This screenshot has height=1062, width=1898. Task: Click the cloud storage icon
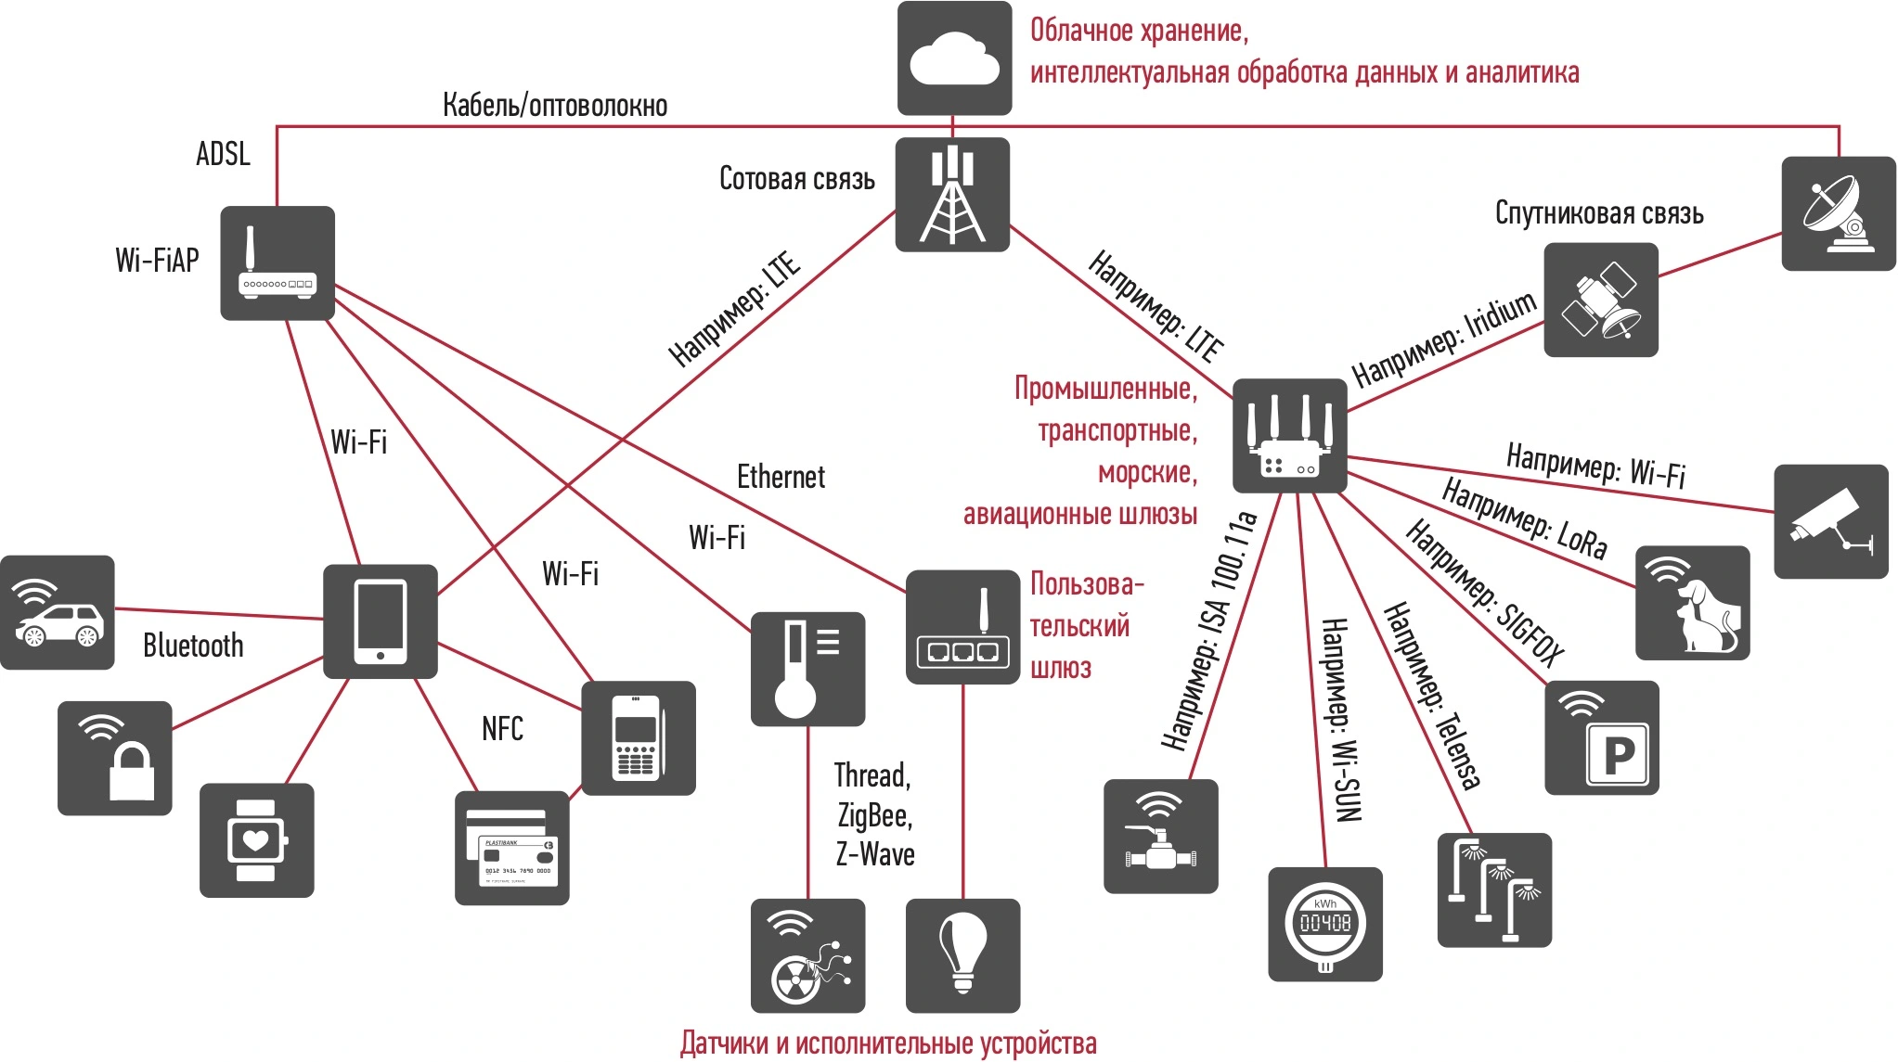[954, 58]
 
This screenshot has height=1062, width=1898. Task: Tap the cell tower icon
[952, 195]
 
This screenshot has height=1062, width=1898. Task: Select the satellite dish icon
[1838, 214]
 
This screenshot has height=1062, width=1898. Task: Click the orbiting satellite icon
[1600, 301]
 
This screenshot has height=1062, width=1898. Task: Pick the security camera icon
[1830, 522]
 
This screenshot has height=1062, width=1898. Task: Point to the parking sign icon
[1601, 738]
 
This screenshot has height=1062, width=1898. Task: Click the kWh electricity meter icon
[1324, 924]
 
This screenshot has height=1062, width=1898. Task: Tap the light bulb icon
[962, 955]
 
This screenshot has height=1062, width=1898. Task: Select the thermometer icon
[807, 669]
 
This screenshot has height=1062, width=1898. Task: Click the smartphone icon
[380, 621]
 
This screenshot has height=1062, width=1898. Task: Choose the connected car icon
[58, 613]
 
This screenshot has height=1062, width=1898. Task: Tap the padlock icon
[115, 759]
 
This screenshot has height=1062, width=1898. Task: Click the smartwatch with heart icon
[256, 840]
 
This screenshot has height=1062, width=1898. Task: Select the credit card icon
[511, 848]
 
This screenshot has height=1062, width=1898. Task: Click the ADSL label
[223, 154]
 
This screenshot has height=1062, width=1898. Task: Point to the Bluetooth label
[193, 646]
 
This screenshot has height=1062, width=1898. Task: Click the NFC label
[502, 729]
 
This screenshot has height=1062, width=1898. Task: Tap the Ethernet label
[780, 477]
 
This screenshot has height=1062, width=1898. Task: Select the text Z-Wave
[875, 854]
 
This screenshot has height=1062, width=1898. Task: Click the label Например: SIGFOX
[1485, 594]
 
